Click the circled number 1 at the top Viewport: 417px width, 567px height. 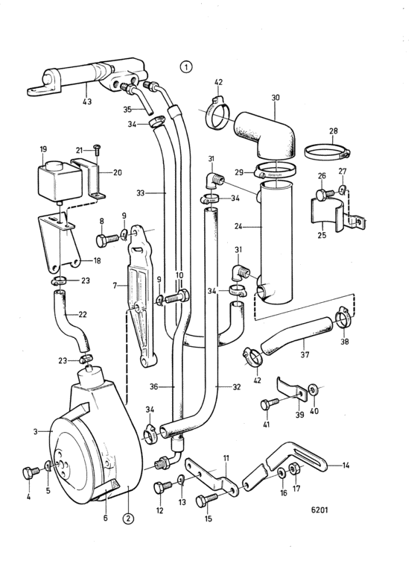click(x=186, y=66)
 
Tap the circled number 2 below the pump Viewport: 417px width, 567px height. click(x=128, y=519)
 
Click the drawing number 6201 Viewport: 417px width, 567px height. click(x=319, y=510)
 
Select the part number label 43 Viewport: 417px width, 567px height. click(x=87, y=101)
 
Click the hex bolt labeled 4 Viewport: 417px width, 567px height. click(x=31, y=472)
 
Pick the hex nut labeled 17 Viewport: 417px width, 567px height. click(x=293, y=468)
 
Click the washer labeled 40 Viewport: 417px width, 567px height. click(x=312, y=389)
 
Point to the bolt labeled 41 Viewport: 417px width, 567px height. click(x=270, y=404)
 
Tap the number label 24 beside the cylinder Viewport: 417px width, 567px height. click(x=238, y=227)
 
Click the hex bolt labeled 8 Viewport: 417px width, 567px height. click(x=107, y=239)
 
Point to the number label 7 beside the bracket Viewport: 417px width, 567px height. click(x=115, y=286)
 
